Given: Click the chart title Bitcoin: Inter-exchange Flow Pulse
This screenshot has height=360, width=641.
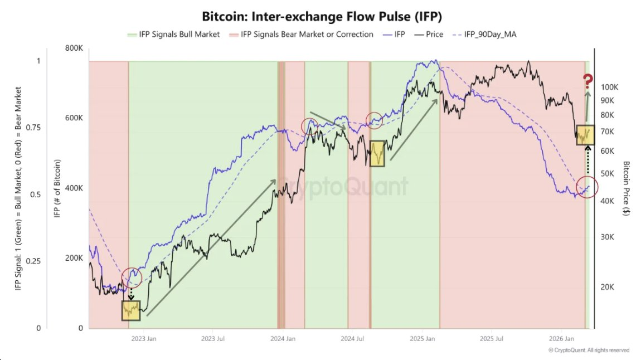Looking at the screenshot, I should [x=320, y=17].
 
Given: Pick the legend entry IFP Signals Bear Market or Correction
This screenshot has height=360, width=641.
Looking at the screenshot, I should [x=307, y=35].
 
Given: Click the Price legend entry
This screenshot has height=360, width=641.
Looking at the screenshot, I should [x=434, y=35].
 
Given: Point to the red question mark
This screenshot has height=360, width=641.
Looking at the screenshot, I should [x=587, y=82].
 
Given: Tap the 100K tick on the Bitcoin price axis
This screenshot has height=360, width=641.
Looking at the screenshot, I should [x=610, y=87].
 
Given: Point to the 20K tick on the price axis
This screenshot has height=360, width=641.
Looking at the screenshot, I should [x=608, y=287].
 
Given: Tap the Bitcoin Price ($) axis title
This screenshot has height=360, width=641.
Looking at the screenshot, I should [x=627, y=189].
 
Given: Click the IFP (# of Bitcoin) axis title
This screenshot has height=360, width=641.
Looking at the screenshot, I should [x=57, y=188].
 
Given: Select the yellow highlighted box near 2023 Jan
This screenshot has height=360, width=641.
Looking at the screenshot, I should [x=132, y=310].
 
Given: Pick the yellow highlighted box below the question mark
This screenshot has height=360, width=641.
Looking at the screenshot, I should [x=585, y=135].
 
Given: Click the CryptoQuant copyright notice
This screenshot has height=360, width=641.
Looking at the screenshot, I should [x=589, y=351].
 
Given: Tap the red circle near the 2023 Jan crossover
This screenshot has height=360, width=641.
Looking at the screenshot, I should [x=132, y=277].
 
